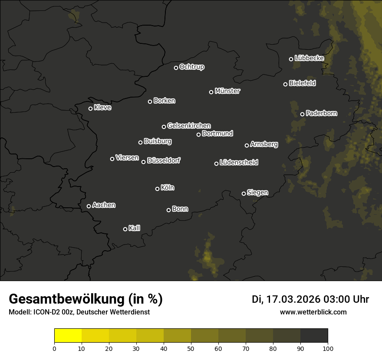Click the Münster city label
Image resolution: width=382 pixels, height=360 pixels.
(227, 91)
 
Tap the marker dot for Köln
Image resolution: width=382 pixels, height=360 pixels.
(157, 189)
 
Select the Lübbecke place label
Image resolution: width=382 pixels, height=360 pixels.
(309, 58)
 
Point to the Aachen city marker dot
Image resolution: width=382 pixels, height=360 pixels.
(89, 206)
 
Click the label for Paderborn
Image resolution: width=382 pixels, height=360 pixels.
(321, 113)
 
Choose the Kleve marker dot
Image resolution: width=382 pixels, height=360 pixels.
(90, 108)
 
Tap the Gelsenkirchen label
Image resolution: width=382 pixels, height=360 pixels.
(189, 126)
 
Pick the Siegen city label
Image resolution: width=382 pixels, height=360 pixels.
(257, 193)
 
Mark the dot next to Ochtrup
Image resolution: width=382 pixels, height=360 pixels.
(176, 68)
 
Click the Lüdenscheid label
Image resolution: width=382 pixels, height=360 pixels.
(239, 163)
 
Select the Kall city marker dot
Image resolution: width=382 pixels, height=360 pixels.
(125, 229)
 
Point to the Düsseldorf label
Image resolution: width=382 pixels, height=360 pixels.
(164, 161)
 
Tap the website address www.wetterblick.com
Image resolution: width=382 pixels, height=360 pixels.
(313, 312)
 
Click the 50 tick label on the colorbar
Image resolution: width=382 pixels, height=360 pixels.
(191, 348)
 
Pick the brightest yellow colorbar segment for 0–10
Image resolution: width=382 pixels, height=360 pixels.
(68, 335)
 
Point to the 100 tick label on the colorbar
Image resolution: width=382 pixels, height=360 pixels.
(328, 348)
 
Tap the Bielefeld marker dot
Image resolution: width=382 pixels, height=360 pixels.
(285, 84)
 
